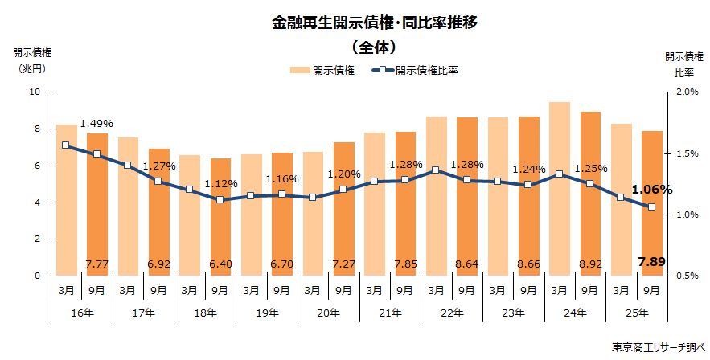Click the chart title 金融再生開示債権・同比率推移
[x=374, y=22]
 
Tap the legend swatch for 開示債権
[x=299, y=71]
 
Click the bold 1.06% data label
[x=651, y=190]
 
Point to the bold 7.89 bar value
[x=651, y=262]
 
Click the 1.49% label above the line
[x=96, y=124]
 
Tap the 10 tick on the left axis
[x=35, y=92]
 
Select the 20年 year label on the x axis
[x=329, y=312]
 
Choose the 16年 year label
[x=81, y=312]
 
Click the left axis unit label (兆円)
[x=31, y=68]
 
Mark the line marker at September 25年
[x=651, y=207]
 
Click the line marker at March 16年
[x=66, y=145]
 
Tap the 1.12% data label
[x=220, y=183]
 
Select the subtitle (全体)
[x=374, y=47]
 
